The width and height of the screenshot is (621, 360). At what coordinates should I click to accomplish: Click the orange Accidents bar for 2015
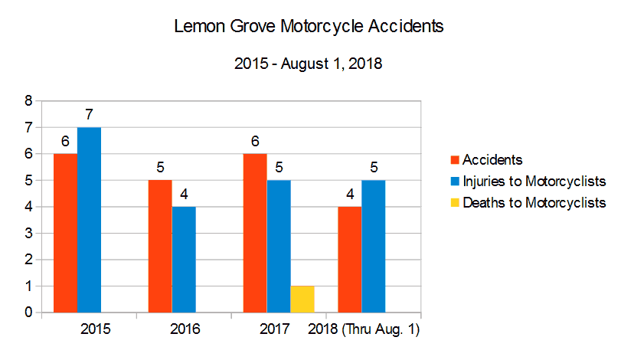click(65, 233)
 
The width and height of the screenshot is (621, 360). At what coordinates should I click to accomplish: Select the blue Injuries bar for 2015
click(89, 220)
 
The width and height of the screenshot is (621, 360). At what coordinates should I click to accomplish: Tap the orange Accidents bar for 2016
click(160, 247)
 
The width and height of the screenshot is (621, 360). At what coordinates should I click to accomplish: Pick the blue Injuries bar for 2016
click(184, 260)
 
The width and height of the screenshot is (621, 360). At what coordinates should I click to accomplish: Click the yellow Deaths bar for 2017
click(302, 299)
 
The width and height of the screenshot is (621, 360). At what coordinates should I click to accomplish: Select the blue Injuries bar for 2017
click(279, 247)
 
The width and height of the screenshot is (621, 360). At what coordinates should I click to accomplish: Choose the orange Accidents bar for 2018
click(350, 260)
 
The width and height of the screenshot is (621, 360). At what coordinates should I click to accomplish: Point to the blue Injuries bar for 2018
click(374, 247)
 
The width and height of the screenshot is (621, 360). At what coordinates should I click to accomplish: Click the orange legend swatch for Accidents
click(453, 160)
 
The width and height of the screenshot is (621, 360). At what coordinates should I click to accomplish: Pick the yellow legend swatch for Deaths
click(453, 203)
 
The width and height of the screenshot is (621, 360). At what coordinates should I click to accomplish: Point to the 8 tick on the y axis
click(28, 100)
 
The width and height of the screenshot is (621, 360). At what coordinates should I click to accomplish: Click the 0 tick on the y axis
click(28, 313)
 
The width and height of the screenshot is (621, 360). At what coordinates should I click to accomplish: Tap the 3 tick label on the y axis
click(28, 233)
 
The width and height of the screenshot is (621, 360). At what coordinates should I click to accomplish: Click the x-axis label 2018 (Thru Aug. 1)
click(364, 330)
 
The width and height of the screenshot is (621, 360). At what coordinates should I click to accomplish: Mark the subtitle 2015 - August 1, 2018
click(309, 64)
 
